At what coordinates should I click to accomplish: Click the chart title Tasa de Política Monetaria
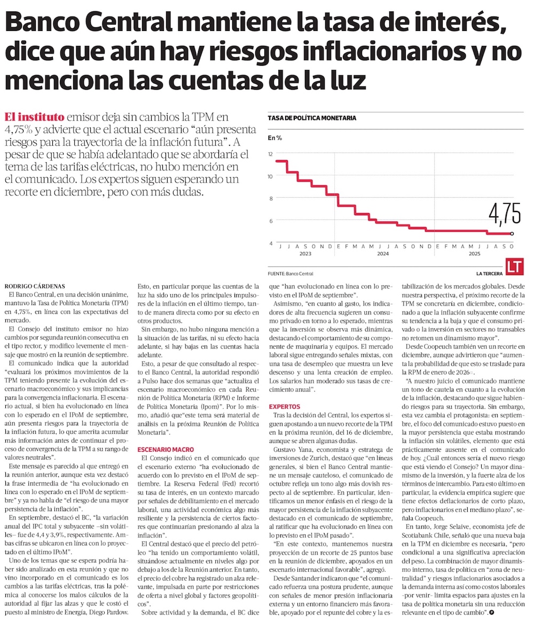coord(312,117)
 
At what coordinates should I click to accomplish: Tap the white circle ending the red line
coord(512,233)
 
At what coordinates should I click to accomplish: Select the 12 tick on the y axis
coord(271,154)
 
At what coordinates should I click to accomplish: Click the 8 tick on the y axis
coord(271,199)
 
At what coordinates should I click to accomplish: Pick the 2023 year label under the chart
coord(305,254)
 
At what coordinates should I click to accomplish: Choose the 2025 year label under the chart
coord(474,254)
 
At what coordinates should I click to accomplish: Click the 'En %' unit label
coord(275,138)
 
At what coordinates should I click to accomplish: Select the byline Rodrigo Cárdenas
coord(35,287)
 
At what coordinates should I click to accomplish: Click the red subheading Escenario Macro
coord(166,450)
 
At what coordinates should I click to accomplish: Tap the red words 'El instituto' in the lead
coord(35,117)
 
